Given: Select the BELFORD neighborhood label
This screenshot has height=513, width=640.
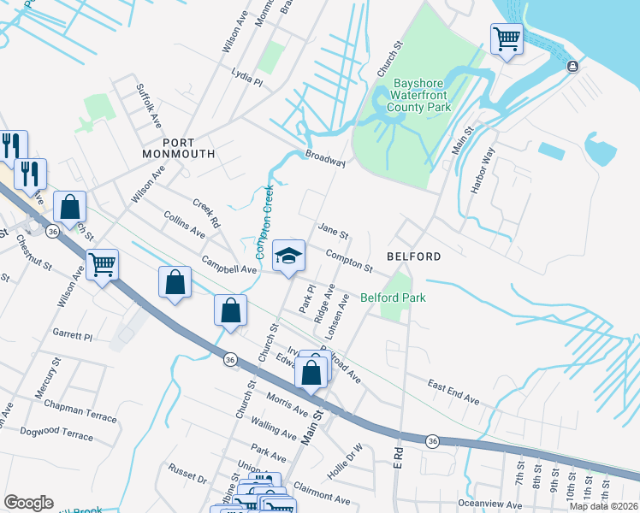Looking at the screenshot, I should pyautogui.click(x=413, y=256).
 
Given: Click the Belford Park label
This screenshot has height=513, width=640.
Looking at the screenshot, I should pyautogui.click(x=393, y=298).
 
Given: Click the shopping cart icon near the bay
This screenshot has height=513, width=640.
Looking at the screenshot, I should pyautogui.click(x=507, y=38).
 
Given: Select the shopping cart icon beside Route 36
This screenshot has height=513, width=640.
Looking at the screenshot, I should pyautogui.click(x=103, y=264).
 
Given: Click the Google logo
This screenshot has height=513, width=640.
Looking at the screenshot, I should pyautogui.click(x=28, y=503).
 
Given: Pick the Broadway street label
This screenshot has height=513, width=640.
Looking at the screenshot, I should pyautogui.click(x=325, y=160).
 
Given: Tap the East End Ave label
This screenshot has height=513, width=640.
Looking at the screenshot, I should pyautogui.click(x=453, y=392).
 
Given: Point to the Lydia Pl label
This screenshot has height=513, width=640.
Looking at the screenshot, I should pyautogui.click(x=246, y=78).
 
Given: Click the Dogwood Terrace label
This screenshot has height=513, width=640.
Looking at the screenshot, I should pyautogui.click(x=56, y=435).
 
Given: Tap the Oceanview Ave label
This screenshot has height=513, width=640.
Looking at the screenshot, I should pyautogui.click(x=489, y=503).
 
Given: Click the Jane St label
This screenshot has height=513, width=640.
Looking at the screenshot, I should pyautogui.click(x=333, y=232).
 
